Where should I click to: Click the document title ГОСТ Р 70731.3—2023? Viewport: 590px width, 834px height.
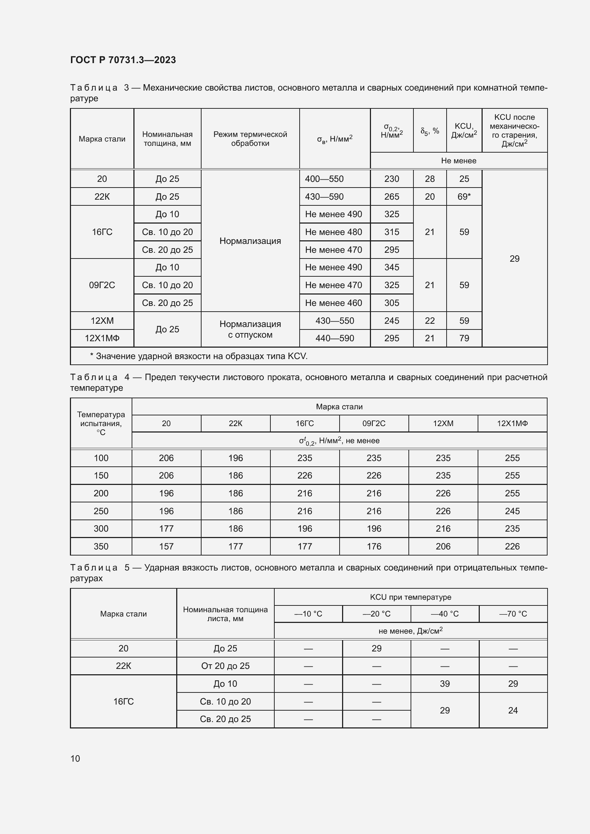(123, 60)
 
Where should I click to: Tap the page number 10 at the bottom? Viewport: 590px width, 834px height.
(75, 758)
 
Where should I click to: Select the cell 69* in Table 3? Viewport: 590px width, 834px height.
(464, 196)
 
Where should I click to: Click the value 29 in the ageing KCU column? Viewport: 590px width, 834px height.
(514, 259)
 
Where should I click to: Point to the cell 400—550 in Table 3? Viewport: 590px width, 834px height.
(324, 179)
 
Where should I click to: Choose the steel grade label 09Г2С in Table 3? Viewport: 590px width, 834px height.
(102, 285)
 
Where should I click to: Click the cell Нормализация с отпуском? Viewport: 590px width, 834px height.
(250, 329)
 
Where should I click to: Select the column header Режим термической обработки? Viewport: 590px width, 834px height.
(250, 139)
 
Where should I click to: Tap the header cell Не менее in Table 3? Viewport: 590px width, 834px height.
(458, 160)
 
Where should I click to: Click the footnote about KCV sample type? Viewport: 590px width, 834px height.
(199, 356)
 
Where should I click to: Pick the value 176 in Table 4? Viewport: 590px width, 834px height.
(374, 546)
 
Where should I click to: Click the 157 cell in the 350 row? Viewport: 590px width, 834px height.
(166, 546)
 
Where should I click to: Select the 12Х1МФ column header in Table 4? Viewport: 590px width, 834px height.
(512, 424)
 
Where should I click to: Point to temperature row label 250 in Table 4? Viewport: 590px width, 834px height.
(101, 511)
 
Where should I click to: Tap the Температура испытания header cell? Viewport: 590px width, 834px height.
(101, 423)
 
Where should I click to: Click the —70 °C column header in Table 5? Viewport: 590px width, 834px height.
(513, 614)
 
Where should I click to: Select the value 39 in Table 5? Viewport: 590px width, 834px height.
(445, 684)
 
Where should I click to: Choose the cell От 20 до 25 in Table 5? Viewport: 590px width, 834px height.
(225, 666)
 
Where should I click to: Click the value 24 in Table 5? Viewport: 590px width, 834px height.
(513, 710)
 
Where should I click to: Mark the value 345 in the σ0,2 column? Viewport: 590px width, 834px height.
(392, 267)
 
